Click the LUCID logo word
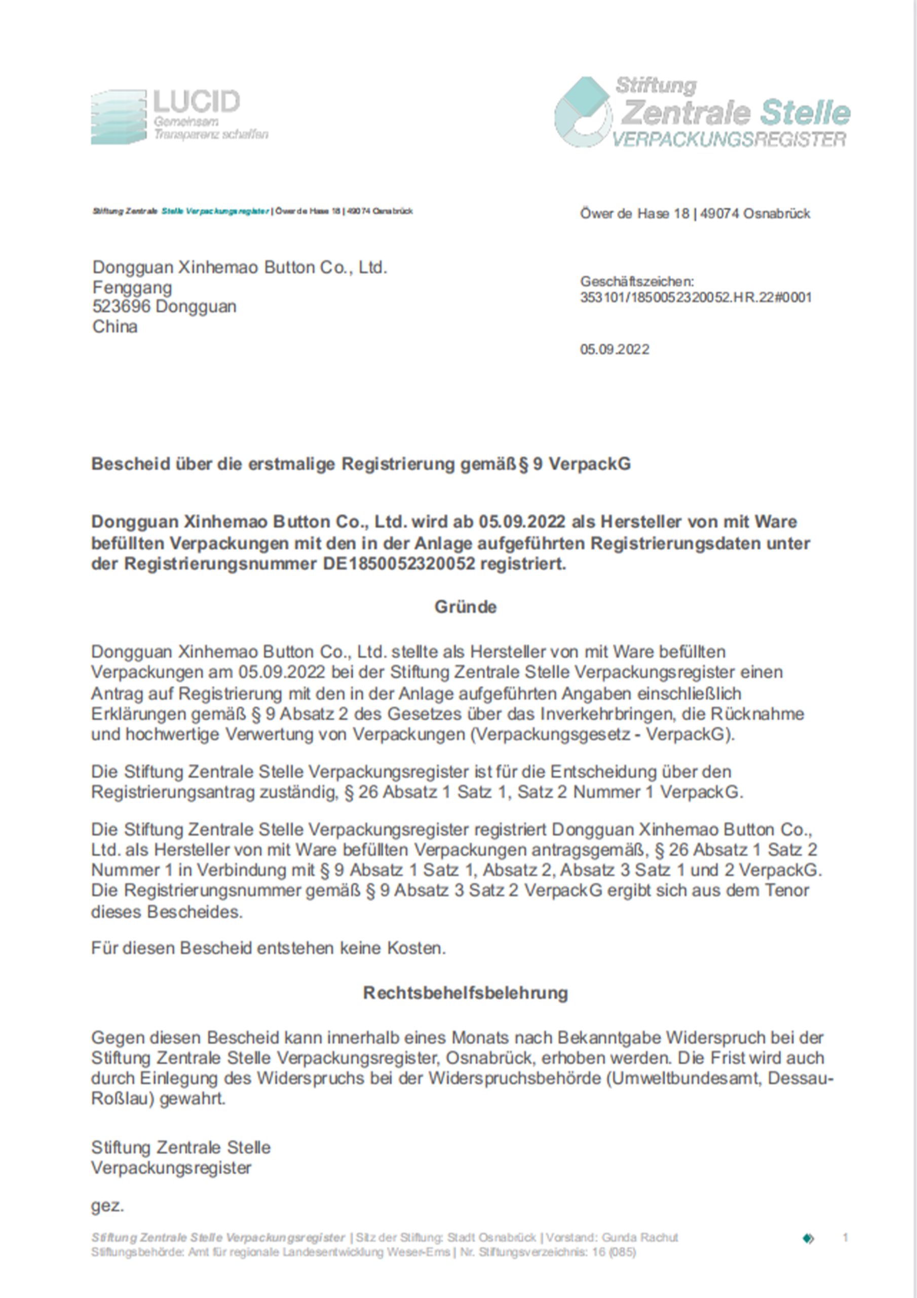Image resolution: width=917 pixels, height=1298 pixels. pos(196,102)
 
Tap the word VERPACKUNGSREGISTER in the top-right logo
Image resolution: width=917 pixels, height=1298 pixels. pos(729,139)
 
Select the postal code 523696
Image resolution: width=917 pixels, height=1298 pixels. pos(122,306)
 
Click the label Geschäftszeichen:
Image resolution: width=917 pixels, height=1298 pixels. pos(637,281)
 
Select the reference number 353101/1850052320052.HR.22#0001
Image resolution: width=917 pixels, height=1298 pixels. pos(696,297)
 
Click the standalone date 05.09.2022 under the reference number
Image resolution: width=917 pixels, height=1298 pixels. pos(614,349)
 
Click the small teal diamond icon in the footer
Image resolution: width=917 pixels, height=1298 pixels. pos(809,1238)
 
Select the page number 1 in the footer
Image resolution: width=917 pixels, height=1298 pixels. pos(845,1238)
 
